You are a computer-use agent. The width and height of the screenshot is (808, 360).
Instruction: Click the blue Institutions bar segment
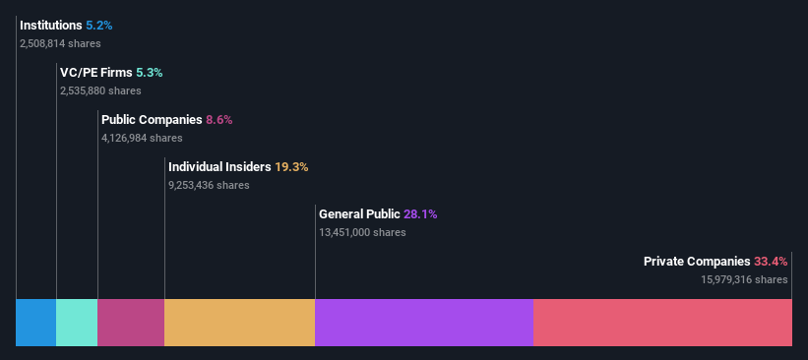click(x=35, y=323)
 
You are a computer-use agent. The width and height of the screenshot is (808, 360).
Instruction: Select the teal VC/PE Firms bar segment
click(x=77, y=323)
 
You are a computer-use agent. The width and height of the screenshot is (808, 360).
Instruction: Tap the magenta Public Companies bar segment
click(x=131, y=323)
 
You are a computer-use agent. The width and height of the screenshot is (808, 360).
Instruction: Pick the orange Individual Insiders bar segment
click(x=239, y=323)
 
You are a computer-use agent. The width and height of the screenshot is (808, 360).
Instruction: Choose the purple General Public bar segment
click(x=423, y=323)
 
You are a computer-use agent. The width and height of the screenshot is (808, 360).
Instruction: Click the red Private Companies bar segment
click(x=662, y=323)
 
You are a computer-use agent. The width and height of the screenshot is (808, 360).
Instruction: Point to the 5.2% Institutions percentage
click(x=99, y=25)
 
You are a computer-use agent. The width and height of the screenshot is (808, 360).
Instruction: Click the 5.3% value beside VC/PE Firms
click(x=150, y=73)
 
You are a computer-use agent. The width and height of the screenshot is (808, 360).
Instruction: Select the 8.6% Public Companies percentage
click(x=219, y=120)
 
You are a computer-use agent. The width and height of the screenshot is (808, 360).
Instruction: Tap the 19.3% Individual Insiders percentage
click(x=291, y=167)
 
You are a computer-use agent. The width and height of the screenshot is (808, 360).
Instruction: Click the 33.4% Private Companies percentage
click(x=771, y=262)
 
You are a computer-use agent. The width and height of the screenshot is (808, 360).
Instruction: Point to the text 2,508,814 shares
click(x=60, y=43)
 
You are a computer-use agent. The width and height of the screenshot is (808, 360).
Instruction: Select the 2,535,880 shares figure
click(x=100, y=90)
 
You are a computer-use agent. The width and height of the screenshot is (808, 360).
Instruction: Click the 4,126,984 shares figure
click(x=142, y=138)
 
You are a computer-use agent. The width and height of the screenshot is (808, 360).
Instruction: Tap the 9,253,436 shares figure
click(x=209, y=185)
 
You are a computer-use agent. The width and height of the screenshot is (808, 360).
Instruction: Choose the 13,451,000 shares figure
click(x=362, y=232)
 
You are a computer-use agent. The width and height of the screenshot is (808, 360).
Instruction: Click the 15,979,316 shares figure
click(x=744, y=279)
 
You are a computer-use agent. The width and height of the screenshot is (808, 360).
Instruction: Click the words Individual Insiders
click(x=219, y=167)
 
